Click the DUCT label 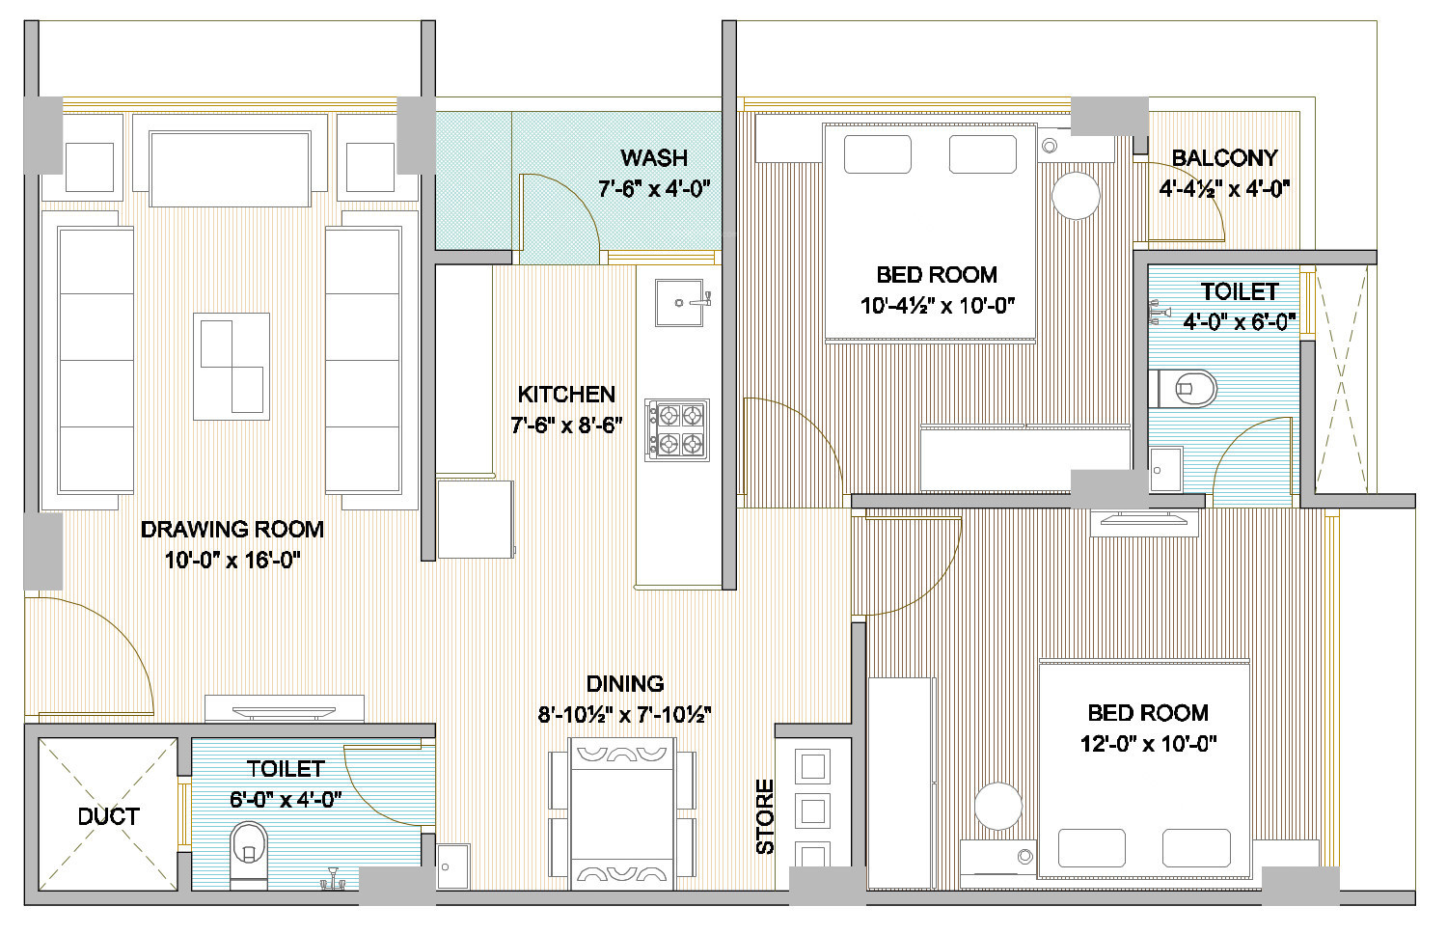[x=108, y=816]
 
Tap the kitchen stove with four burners [x=677, y=430]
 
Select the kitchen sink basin [x=679, y=303]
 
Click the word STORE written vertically [x=764, y=816]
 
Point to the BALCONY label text [x=1224, y=157]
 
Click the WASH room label [x=654, y=157]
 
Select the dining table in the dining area [x=623, y=814]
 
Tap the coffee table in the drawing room [x=232, y=367]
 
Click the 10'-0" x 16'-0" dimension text [x=232, y=560]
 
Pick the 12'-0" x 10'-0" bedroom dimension [x=1148, y=744]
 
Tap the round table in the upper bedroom [x=1076, y=196]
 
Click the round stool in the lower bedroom [x=998, y=806]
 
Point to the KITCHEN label [x=566, y=394]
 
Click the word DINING [x=625, y=683]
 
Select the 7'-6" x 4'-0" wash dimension [x=654, y=189]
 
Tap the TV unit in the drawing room [x=285, y=708]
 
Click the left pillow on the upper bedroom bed [x=877, y=154]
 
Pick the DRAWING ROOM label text [x=232, y=529]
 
